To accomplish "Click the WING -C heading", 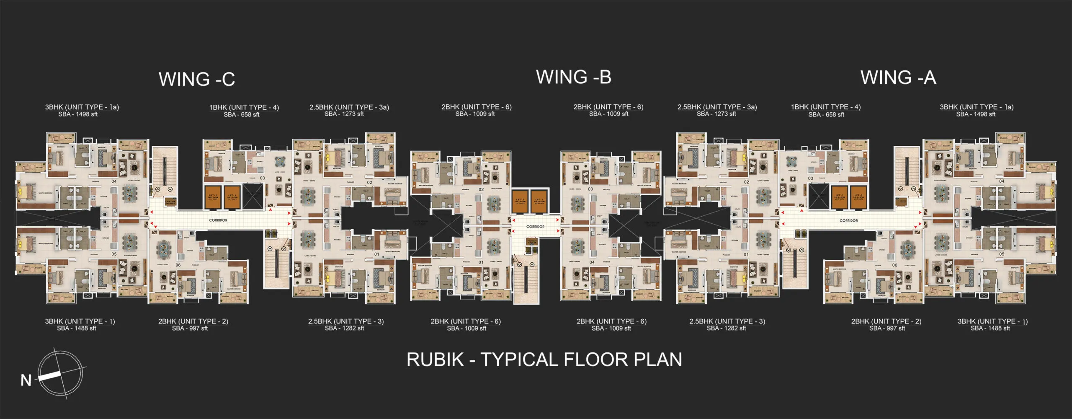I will coord(196,80).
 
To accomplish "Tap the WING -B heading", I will coord(573,78).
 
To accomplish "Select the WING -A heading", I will coord(898,78).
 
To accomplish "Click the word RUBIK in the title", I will coord(435,360).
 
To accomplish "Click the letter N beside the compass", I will coord(26,380).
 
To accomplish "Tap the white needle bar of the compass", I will coord(50,376).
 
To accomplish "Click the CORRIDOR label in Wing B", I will coord(535,227).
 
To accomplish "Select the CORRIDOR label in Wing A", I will coord(848,220).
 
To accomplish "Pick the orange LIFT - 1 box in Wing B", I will coord(520,201).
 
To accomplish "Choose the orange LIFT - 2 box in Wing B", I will coord(539,201).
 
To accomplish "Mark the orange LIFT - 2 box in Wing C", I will coord(213,197).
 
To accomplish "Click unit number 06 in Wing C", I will coord(178,265).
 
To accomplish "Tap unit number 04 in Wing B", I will coord(592,262).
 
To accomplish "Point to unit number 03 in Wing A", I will coord(810,178).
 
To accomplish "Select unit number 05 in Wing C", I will coord(114,254).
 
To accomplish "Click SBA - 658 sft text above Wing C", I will coord(241,115).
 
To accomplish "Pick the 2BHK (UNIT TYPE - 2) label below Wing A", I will coord(886,321).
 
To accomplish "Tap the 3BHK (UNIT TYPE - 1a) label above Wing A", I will coord(976,107).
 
